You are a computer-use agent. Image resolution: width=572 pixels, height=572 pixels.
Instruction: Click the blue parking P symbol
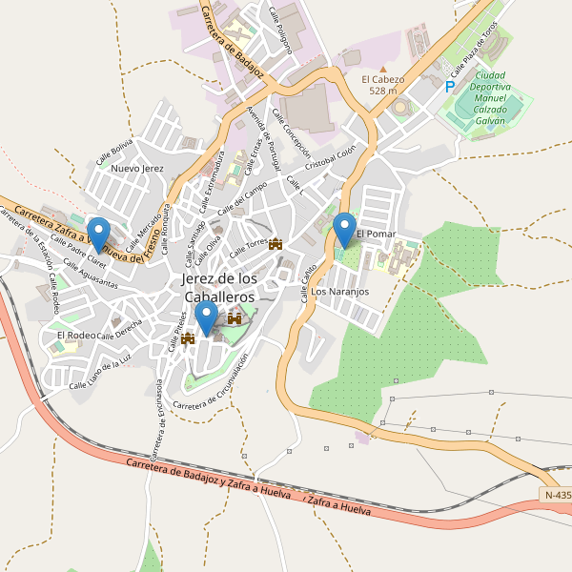tap(450, 87)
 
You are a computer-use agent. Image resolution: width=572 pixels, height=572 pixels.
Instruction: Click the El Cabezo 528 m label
tap(383, 85)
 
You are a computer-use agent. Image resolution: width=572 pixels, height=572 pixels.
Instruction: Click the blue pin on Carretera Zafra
tap(98, 235)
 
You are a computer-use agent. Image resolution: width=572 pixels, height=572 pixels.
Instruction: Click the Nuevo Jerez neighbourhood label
tap(138, 168)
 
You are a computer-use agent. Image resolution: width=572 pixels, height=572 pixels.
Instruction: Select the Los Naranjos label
tap(339, 291)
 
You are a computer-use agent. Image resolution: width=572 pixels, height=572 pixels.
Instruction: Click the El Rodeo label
tap(75, 336)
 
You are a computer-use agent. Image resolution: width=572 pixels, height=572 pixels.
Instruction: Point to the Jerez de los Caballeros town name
tap(219, 287)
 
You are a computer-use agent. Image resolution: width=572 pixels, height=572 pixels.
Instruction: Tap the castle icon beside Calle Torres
tap(276, 244)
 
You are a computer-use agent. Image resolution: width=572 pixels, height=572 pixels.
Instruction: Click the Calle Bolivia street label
tap(114, 150)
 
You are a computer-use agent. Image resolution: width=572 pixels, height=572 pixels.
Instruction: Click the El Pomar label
tap(376, 234)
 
